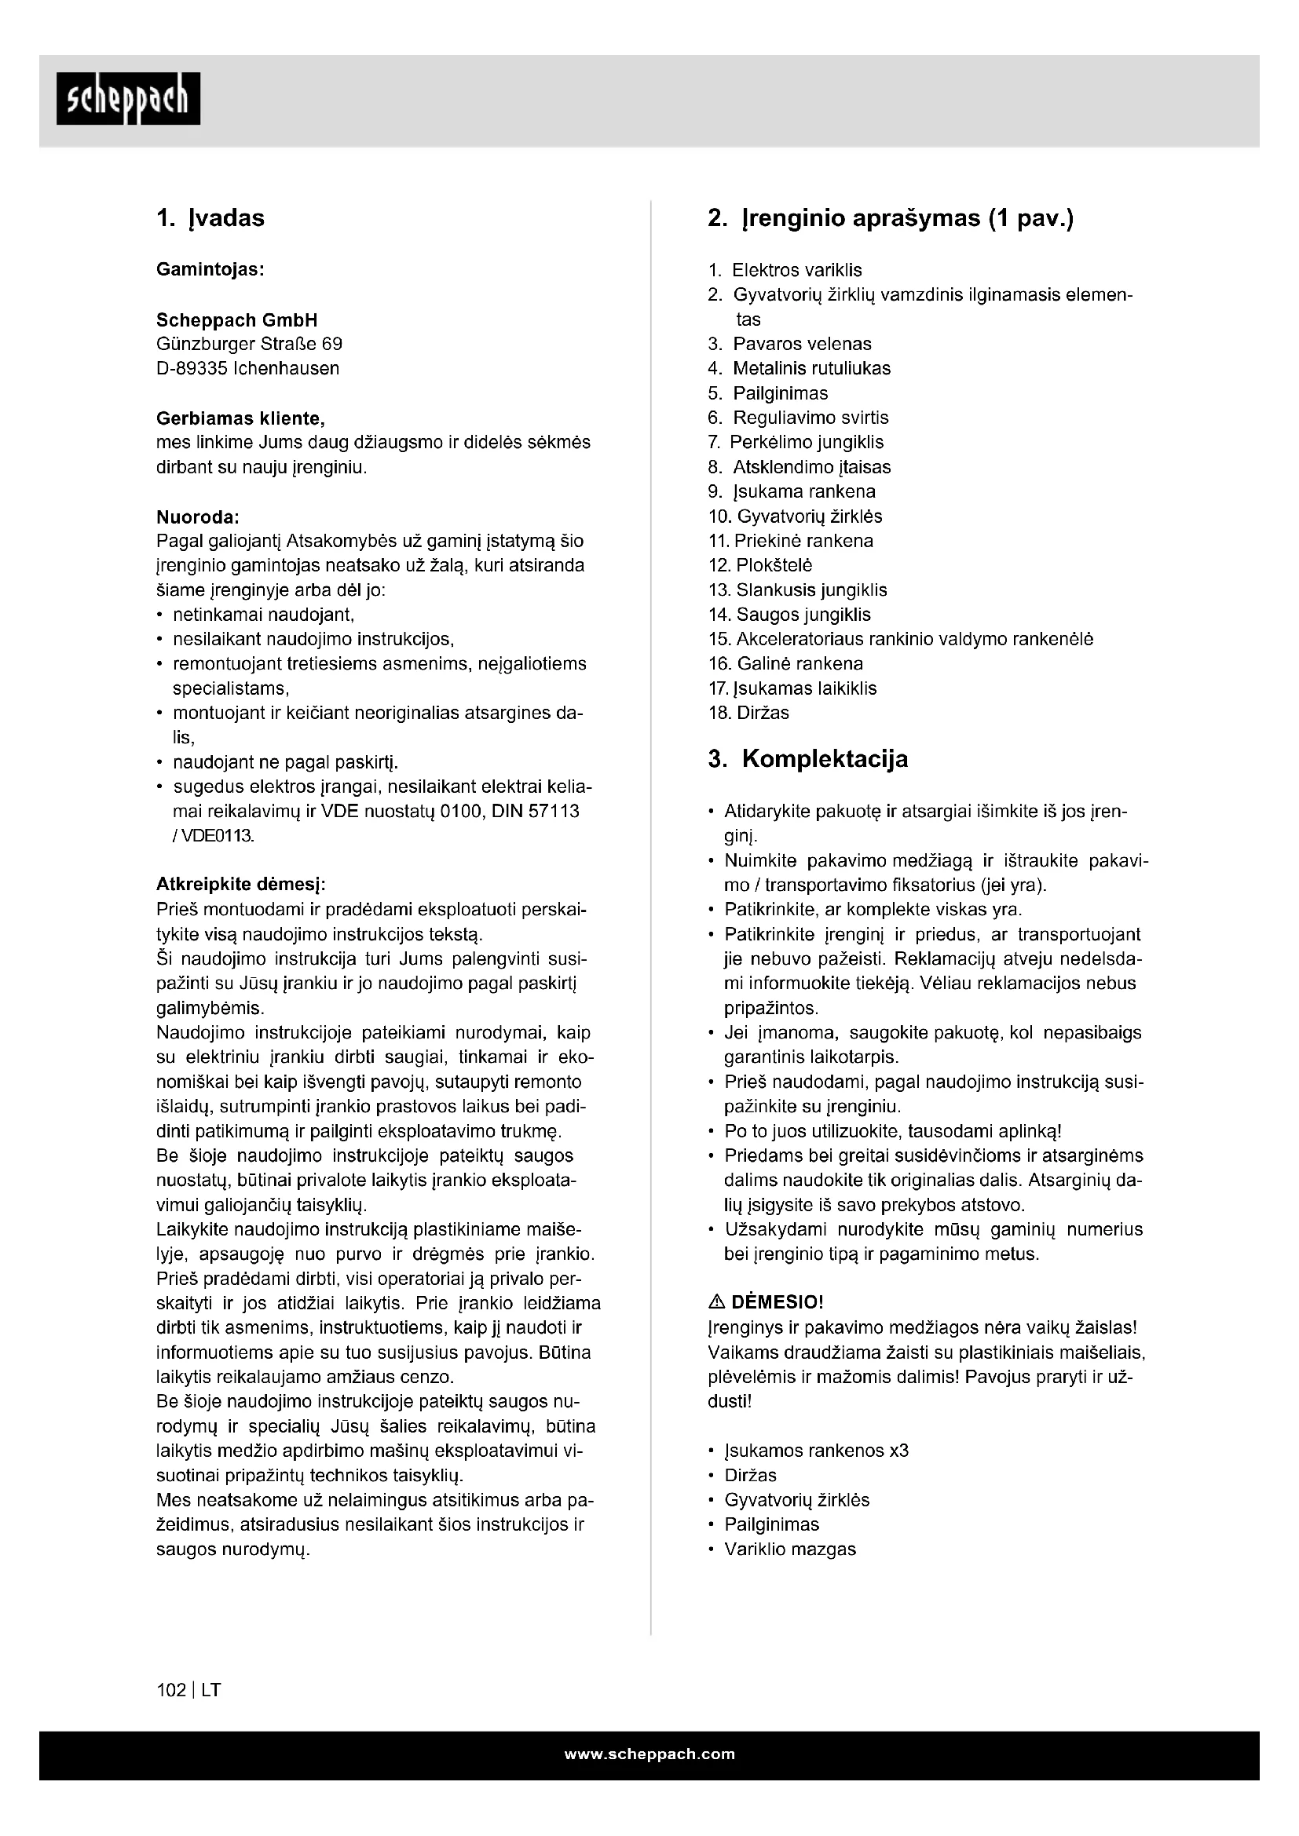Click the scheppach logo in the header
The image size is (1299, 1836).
[128, 99]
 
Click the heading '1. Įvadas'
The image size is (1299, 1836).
[210, 218]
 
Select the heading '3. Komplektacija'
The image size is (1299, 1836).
[808, 759]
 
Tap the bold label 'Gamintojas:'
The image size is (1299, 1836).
[210, 269]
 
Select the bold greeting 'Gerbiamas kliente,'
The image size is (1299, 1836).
[240, 418]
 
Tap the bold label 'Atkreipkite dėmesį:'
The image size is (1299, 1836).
[241, 885]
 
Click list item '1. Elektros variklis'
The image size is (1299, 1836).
[785, 270]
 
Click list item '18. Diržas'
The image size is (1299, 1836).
[748, 714]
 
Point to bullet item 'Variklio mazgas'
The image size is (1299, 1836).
[789, 1549]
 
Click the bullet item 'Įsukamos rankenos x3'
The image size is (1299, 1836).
[816, 1451]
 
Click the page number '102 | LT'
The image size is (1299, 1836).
[188, 1691]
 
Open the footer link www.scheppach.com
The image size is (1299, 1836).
[649, 1754]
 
